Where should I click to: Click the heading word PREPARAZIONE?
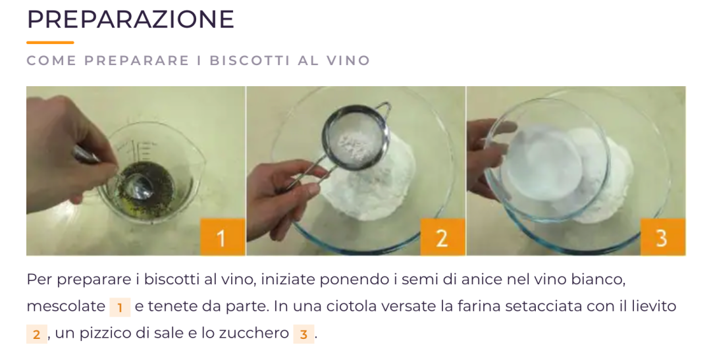pyautogui.click(x=130, y=19)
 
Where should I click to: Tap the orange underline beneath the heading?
pyautogui.click(x=50, y=43)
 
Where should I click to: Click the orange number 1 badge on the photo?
pyautogui.click(x=223, y=237)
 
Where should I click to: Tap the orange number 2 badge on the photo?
pyautogui.click(x=442, y=237)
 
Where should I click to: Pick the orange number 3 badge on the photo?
pyautogui.click(x=662, y=237)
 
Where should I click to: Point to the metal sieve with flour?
pyautogui.click(x=355, y=137)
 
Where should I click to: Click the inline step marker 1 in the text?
pyautogui.click(x=120, y=307)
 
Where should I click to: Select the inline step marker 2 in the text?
pyautogui.click(x=37, y=334)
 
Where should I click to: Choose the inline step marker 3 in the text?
pyautogui.click(x=303, y=334)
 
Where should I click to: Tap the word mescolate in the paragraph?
pyautogui.click(x=66, y=307)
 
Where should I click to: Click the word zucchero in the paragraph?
pyautogui.click(x=253, y=333)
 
